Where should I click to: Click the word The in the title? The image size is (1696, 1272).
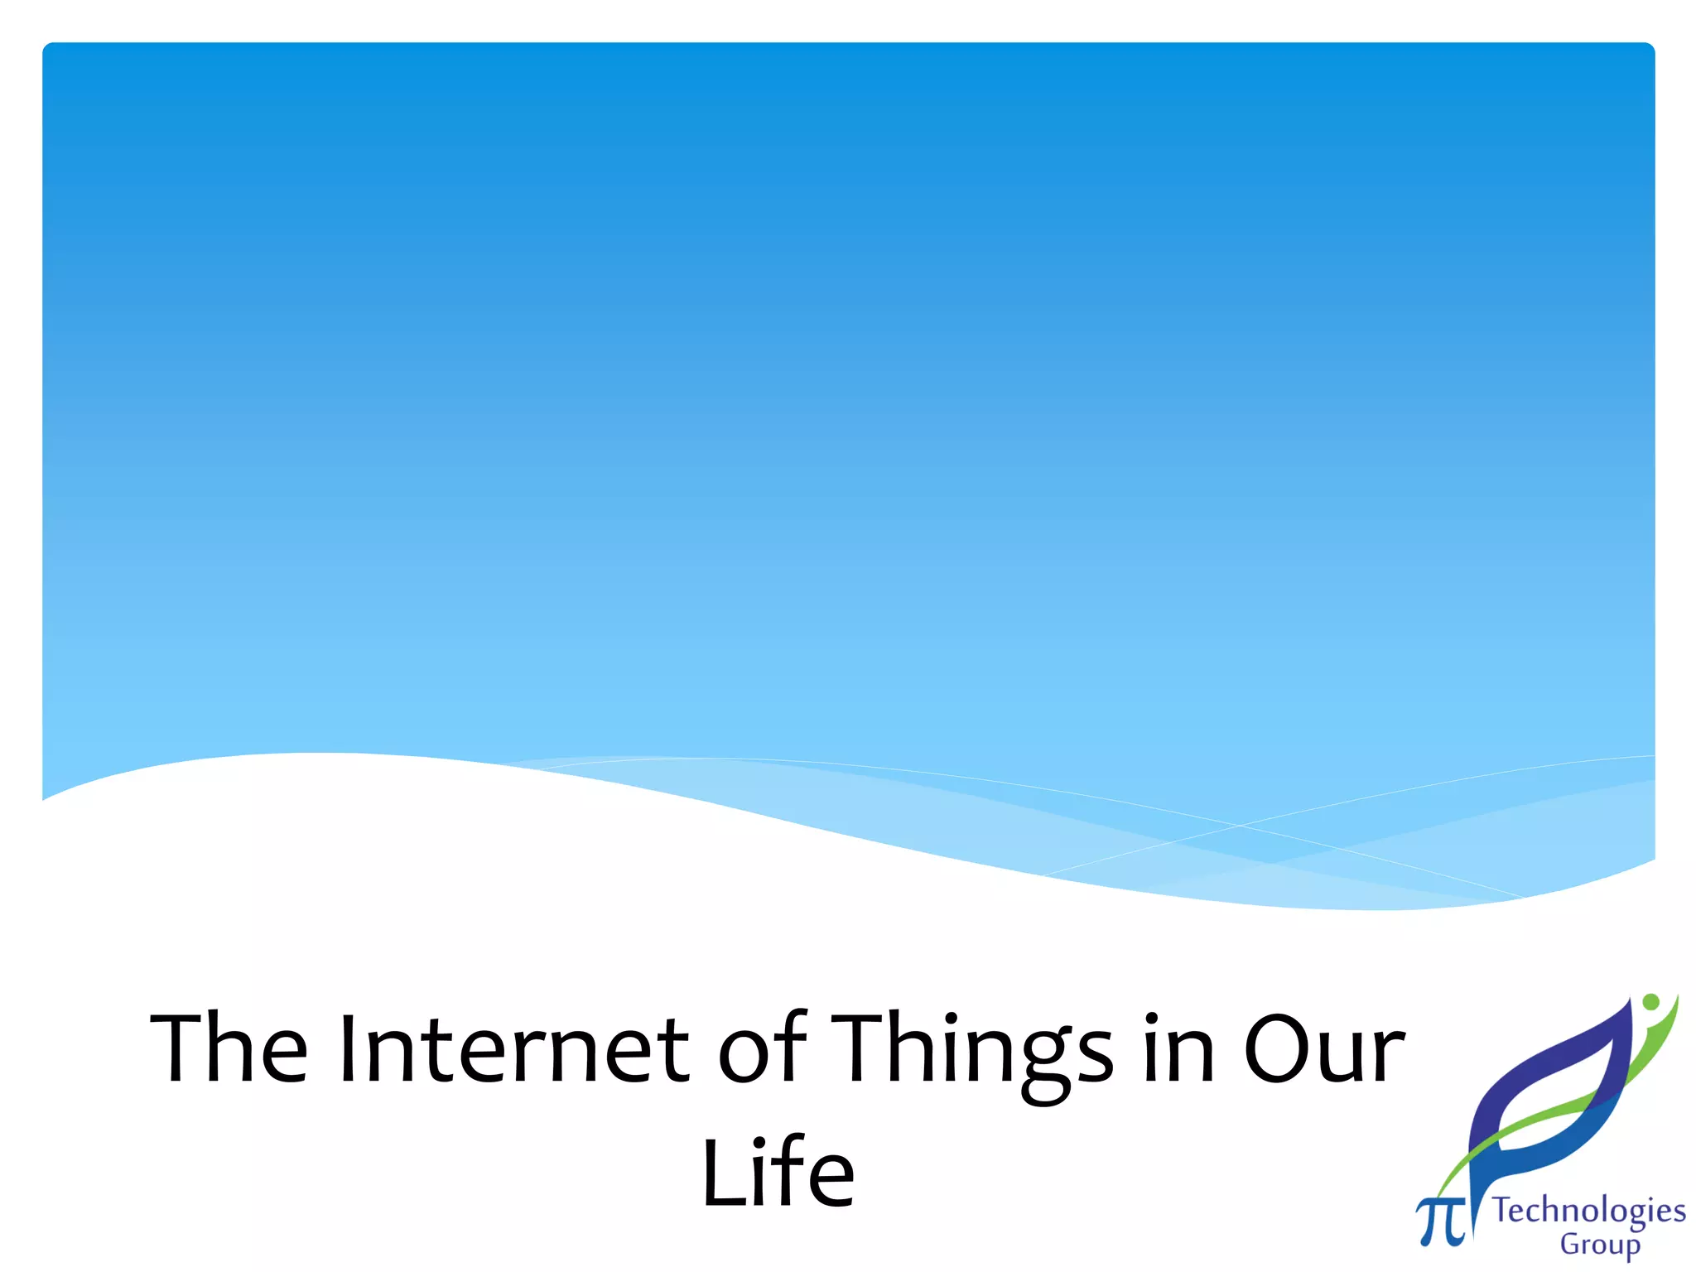click(229, 1048)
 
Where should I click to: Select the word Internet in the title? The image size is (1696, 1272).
click(513, 1048)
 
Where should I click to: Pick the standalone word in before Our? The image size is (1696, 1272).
click(1179, 1048)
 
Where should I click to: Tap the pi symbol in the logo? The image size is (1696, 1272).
click(1440, 1221)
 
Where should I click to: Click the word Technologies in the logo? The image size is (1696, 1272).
click(1588, 1211)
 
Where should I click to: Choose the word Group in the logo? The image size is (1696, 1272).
click(1600, 1245)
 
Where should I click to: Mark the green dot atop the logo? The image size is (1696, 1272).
click(1650, 1002)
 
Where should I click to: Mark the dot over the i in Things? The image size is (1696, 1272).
click(952, 1018)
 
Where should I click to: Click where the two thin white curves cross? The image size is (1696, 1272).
click(1240, 826)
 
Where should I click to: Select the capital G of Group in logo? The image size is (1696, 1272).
click(1570, 1244)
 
